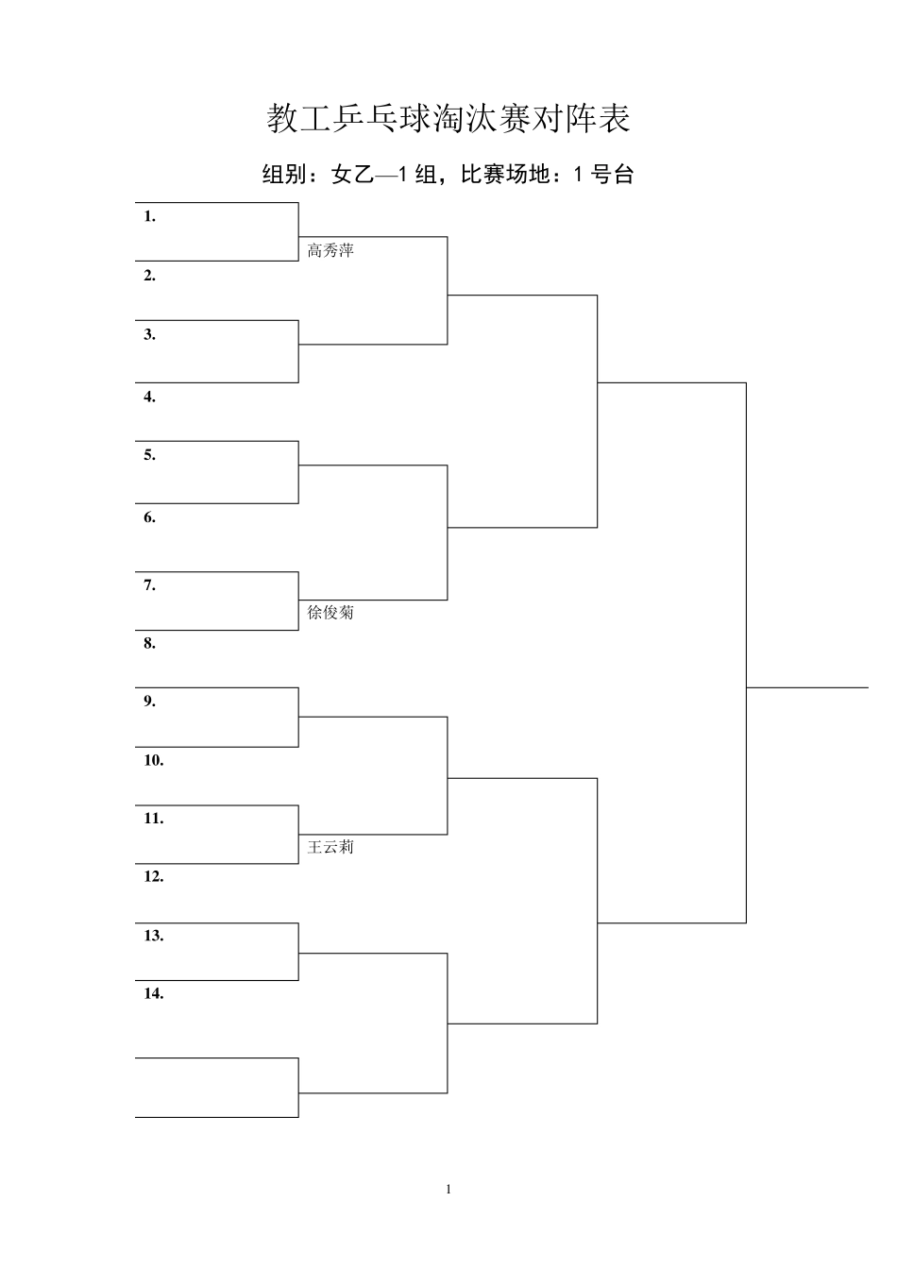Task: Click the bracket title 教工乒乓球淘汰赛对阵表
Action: (x=448, y=118)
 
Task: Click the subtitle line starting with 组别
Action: (x=448, y=174)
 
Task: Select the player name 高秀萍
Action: (x=330, y=250)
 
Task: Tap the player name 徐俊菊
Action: (x=330, y=613)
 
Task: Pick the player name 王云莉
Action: (x=330, y=847)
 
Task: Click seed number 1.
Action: (x=149, y=216)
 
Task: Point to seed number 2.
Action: (x=149, y=276)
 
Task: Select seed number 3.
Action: (x=149, y=334)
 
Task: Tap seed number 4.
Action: (x=149, y=397)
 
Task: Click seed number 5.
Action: (x=149, y=455)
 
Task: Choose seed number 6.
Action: (x=149, y=517)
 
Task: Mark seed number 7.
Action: (x=149, y=585)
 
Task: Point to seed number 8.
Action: (x=149, y=643)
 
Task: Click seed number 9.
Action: (x=149, y=702)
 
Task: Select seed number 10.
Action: (x=154, y=760)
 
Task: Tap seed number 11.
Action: (x=154, y=819)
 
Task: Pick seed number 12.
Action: (x=154, y=877)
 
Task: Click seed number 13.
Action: (x=154, y=936)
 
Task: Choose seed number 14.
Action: (x=154, y=993)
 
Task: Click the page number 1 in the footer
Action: (x=448, y=1189)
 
